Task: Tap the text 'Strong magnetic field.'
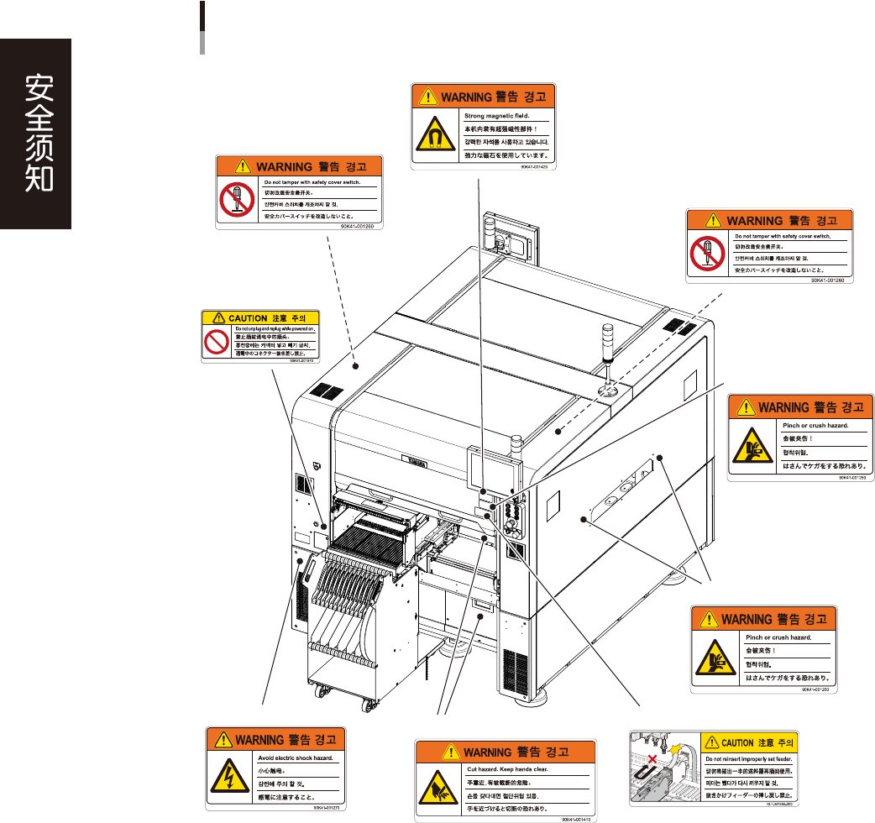coord(497,114)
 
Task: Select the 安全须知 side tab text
coord(35,134)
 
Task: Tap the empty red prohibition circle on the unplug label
coord(215,342)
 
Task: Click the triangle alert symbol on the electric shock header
coord(222,740)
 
